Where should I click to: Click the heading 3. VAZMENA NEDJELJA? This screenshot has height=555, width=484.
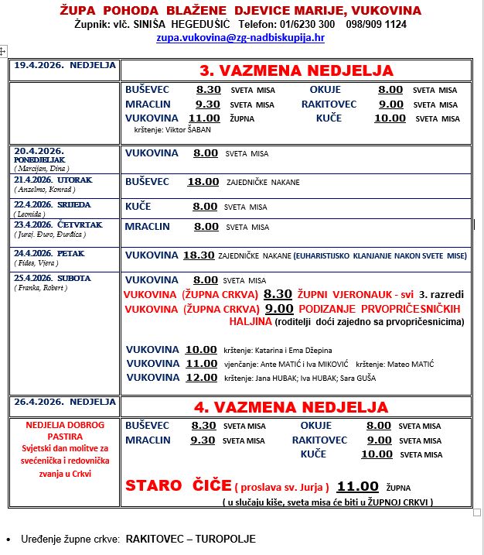click(x=296, y=70)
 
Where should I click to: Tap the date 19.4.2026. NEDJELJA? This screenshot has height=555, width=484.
click(x=64, y=66)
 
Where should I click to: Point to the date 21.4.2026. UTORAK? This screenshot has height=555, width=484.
click(x=53, y=180)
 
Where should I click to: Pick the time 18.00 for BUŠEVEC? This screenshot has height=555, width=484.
click(x=203, y=182)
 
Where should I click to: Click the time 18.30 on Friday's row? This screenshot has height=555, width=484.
click(x=199, y=255)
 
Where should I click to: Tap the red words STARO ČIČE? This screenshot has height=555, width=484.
click(x=178, y=486)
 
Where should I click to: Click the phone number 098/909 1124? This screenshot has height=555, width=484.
click(x=374, y=24)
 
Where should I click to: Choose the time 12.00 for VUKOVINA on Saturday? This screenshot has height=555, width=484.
click(x=201, y=377)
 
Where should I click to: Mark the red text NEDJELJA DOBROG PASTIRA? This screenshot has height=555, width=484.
click(x=65, y=430)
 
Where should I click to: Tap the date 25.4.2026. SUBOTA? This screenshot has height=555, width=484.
click(x=53, y=279)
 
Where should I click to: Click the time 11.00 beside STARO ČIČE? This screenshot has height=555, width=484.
click(x=357, y=486)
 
